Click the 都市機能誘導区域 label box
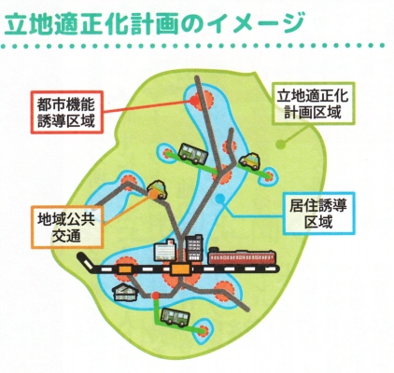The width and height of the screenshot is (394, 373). tap(67, 112)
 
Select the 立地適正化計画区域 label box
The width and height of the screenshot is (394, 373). tap(313, 104)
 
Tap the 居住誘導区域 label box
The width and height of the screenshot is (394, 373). tap(318, 214)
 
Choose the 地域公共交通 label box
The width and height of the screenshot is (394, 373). tap(67, 227)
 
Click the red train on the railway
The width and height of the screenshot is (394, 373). tap(242, 256)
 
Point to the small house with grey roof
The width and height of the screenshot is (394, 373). tap(125, 292)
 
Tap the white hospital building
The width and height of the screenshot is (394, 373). tap(165, 250)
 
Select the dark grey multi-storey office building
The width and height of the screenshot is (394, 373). tap(194, 248)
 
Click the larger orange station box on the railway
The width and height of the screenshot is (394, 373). tap(180, 269)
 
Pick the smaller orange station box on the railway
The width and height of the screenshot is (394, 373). tap(125, 269)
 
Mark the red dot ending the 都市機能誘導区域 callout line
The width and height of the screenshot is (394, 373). tap(194, 100)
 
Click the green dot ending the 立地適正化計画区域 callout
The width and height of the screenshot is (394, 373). tap(281, 145)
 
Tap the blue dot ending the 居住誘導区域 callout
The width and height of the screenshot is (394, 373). tap(220, 199)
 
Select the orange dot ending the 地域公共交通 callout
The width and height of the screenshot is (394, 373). tap(153, 194)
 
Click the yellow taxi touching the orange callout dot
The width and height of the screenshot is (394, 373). tap(157, 189)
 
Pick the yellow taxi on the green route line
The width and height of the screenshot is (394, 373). tap(249, 160)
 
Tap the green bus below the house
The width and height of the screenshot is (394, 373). tap(175, 317)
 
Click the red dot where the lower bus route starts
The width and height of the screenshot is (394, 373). tap(155, 297)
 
